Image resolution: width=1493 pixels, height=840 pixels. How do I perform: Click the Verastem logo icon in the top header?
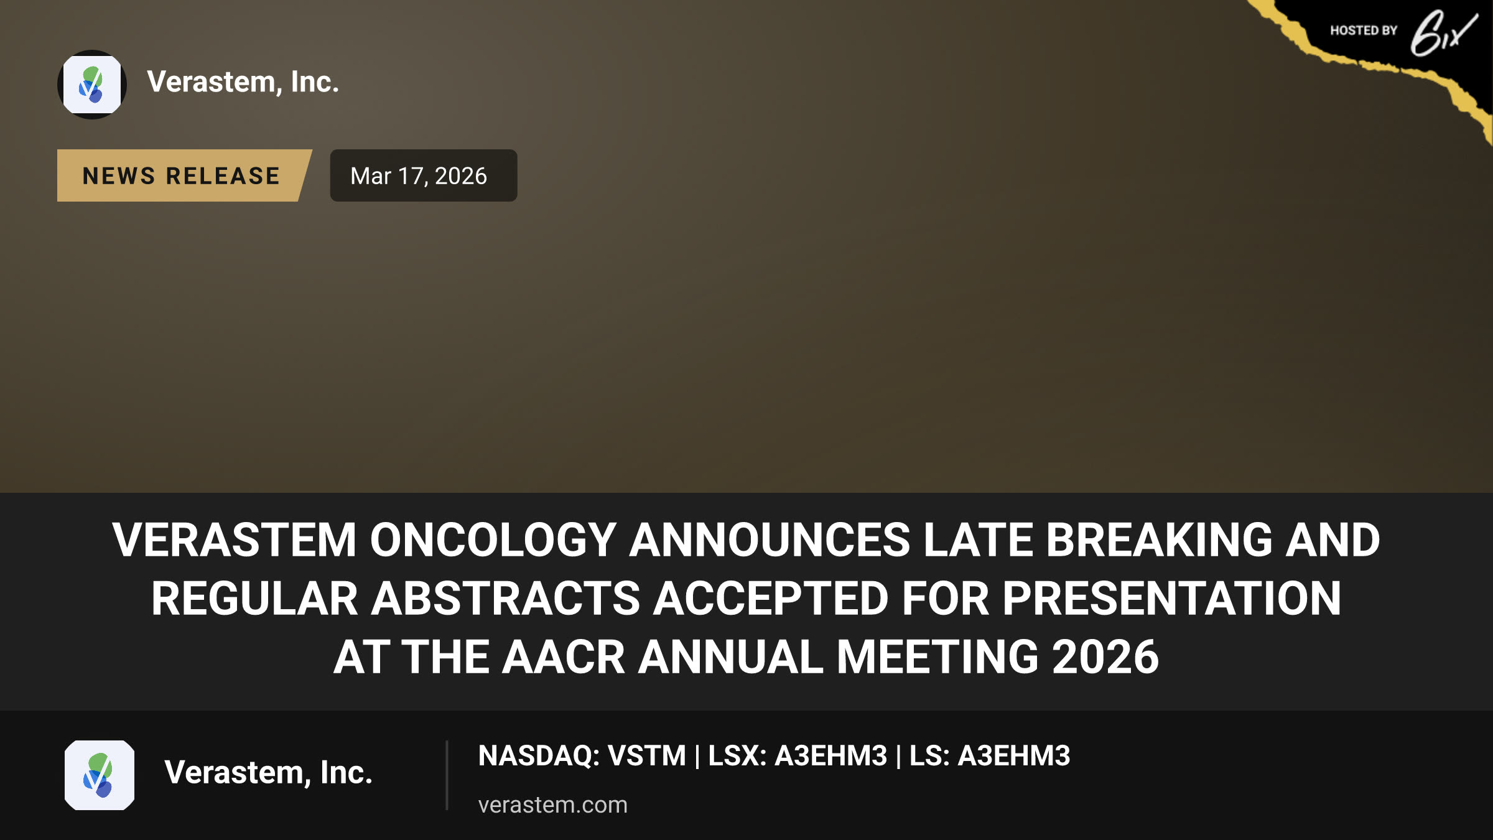pos(92,85)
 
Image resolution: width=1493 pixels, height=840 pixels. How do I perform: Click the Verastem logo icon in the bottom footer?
pos(100,775)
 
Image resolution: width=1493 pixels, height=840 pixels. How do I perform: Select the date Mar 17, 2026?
pos(419,176)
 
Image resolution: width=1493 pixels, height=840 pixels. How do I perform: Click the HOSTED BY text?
pos(1364,30)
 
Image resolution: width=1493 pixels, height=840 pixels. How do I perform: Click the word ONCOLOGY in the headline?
pos(493,539)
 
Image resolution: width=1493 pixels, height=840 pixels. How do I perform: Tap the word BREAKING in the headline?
pos(1160,539)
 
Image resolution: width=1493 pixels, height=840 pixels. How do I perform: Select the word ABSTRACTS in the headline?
pos(506,599)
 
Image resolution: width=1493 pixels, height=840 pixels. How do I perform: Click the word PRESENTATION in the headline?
pos(1171,599)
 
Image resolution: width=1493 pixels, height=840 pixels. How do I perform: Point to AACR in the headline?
pos(563,657)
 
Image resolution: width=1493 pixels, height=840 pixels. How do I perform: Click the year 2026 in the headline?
pos(1105,657)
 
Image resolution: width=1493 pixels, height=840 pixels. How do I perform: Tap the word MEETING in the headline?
pos(937,657)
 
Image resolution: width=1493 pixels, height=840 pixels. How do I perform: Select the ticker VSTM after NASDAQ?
pos(646,756)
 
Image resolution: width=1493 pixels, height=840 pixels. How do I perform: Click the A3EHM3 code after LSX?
pos(830,756)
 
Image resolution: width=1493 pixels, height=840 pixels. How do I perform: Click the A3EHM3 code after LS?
pos(1013,756)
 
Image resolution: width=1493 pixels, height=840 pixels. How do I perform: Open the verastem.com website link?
pos(552,805)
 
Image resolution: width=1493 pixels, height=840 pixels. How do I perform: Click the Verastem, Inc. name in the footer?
pos(268,773)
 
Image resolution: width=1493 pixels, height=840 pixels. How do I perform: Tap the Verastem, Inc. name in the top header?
pos(243,82)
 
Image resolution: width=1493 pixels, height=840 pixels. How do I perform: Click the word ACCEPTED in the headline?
pos(771,599)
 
